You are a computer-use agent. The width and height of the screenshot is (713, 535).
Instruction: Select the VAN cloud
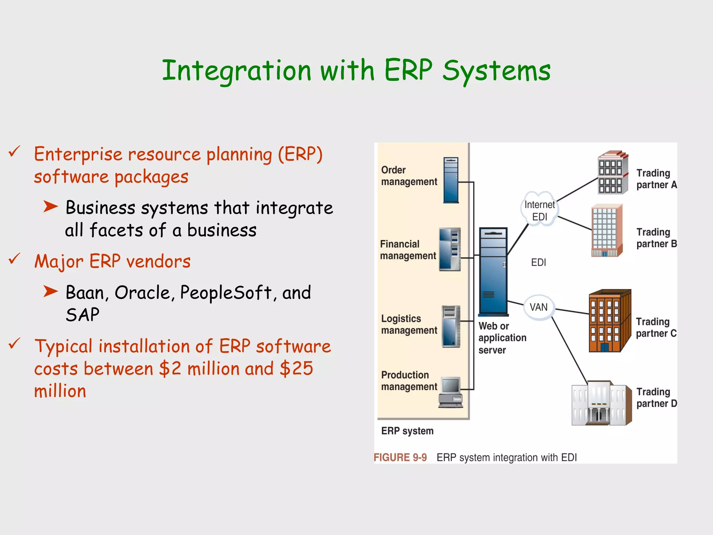[x=539, y=307]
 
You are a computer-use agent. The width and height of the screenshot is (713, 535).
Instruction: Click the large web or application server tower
[x=493, y=271]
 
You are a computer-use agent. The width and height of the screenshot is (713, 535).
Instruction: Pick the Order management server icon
[x=451, y=180]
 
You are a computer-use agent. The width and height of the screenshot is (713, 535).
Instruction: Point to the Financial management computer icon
[x=450, y=249]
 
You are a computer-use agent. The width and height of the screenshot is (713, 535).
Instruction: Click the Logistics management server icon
[x=451, y=326]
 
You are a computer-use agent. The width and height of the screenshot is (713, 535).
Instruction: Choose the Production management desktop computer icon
[x=451, y=392]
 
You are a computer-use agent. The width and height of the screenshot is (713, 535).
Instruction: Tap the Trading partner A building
[x=612, y=172]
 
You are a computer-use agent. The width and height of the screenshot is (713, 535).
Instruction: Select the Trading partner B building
[x=607, y=231]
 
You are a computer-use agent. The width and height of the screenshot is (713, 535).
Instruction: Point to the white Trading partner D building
[x=601, y=403]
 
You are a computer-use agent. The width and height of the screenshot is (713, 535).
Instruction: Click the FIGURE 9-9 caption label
[x=400, y=457]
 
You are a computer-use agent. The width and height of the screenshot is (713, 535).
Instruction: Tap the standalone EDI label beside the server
[x=538, y=262]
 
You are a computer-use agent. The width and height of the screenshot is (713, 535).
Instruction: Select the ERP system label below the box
[x=407, y=431]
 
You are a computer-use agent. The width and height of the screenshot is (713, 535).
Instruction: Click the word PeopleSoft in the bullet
[x=226, y=293]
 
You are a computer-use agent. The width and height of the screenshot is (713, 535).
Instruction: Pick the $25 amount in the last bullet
[x=296, y=369]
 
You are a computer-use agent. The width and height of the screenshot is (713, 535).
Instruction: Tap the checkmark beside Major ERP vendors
[x=14, y=259]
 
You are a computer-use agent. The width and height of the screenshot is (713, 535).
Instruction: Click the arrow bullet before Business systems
[x=50, y=207]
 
